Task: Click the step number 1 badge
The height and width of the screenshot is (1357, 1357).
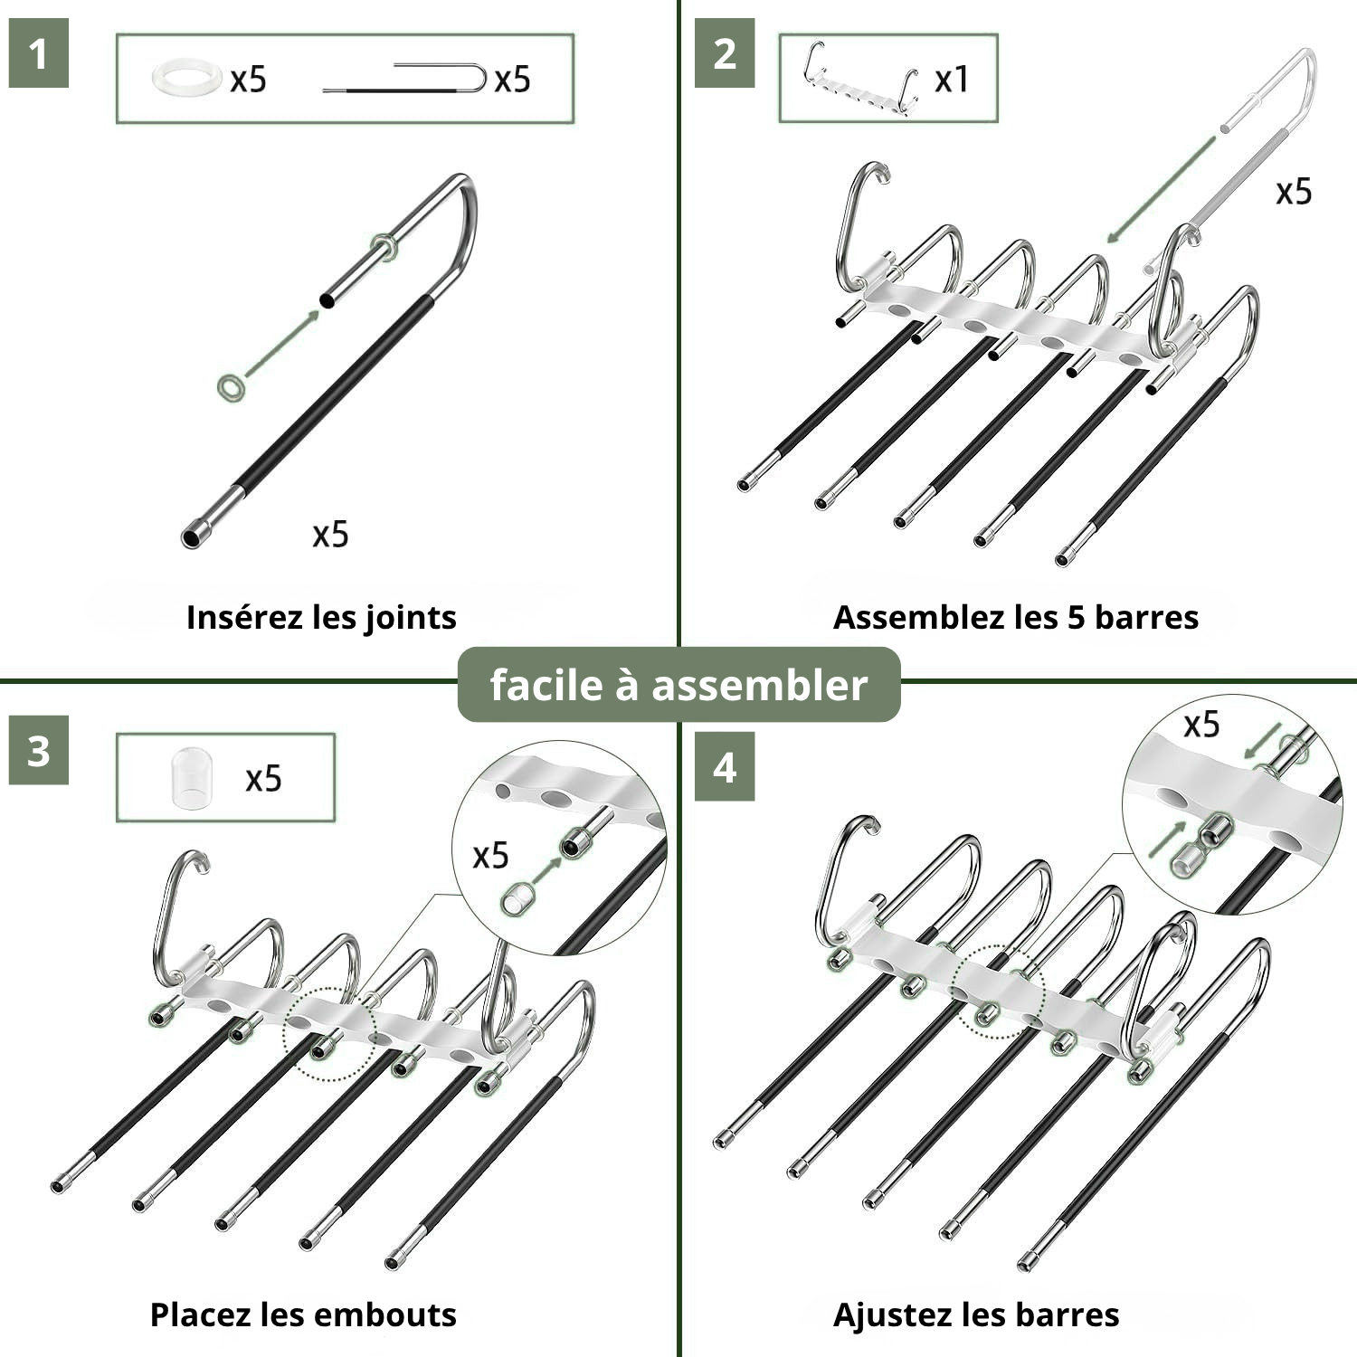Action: coord(38,54)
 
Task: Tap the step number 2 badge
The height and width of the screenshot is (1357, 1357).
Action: coord(725,54)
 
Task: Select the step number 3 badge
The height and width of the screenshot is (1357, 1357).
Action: coord(38,752)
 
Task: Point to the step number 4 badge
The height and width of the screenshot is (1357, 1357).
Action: coord(725,768)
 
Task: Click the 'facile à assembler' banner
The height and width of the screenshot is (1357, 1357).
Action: coord(678,685)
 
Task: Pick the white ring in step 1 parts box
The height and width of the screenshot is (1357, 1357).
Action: coord(186,78)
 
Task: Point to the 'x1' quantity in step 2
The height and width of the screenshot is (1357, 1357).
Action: coord(952,80)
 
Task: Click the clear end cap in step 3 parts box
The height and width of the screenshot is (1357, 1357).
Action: coord(193,776)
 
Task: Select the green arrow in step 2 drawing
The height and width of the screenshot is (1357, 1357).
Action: coord(1161,189)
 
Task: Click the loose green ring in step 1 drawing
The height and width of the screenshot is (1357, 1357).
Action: coord(232,387)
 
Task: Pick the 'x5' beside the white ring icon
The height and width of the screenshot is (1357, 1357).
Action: coord(248,80)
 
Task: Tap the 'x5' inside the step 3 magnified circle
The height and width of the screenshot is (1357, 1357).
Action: coord(490,856)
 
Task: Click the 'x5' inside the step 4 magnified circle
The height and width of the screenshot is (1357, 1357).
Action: coord(1201,725)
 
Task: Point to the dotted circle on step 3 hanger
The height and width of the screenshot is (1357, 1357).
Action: coord(329,1034)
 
